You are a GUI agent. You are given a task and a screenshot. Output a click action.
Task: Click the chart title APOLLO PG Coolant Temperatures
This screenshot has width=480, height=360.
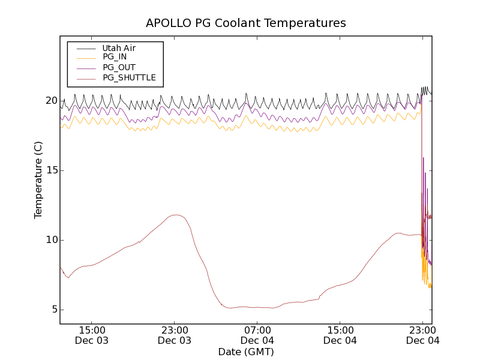[246, 23]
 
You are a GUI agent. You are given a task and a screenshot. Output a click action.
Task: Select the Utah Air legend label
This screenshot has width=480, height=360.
[119, 48]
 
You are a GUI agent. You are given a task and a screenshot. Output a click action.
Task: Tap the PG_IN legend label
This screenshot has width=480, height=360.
[115, 57]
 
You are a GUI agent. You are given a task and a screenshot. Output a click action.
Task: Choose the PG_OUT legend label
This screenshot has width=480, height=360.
[119, 67]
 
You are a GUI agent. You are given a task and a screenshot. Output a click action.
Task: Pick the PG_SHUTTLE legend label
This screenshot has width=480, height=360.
[129, 77]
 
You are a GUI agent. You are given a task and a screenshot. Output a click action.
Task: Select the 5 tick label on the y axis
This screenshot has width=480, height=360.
[52, 310]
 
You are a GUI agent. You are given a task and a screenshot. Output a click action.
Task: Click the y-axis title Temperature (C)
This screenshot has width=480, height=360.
[38, 180]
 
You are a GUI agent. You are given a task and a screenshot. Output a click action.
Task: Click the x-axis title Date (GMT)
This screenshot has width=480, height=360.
[246, 352]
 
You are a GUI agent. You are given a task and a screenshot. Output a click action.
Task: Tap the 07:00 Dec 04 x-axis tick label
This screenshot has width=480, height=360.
[257, 335]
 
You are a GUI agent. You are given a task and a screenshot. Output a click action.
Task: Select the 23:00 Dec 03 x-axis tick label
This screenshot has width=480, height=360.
[175, 335]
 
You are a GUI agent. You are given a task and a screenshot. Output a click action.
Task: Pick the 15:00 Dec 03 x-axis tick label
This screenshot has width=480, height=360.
[92, 335]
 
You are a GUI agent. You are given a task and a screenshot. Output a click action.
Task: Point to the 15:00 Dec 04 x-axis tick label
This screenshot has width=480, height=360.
[340, 335]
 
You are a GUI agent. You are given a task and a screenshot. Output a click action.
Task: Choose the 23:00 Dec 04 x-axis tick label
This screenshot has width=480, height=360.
[423, 335]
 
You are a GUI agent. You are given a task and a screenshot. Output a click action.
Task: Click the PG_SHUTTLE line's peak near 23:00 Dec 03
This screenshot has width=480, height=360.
[176, 215]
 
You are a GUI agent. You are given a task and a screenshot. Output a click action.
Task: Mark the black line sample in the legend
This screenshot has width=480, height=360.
[85, 48]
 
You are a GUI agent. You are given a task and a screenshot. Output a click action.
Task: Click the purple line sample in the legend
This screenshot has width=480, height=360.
[85, 67]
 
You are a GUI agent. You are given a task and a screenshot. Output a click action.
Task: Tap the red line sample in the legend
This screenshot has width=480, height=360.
[85, 77]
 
